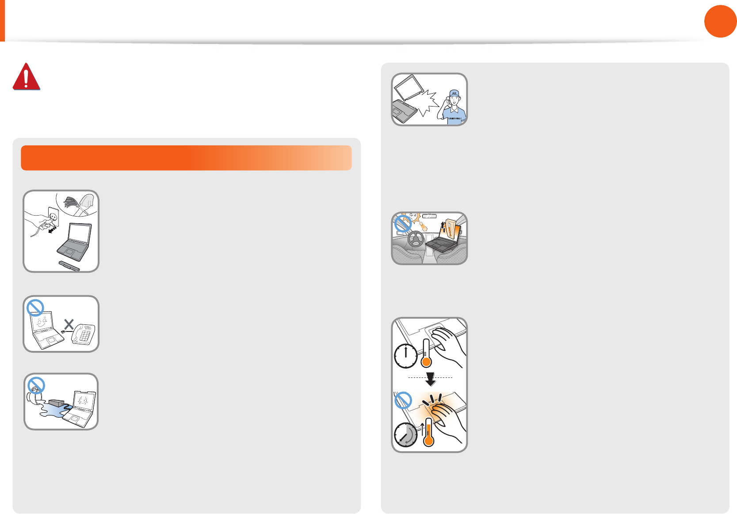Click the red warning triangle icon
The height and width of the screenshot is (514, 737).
(26, 77)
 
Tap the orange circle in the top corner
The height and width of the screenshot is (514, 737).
(720, 21)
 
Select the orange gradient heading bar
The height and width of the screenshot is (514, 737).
(186, 158)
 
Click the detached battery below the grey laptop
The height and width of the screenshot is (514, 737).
(69, 266)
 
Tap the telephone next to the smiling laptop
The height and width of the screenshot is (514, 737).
(83, 334)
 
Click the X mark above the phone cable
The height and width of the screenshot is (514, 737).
(69, 324)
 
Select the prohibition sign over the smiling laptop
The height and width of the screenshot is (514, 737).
(35, 307)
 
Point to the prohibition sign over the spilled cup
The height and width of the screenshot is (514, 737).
(36, 385)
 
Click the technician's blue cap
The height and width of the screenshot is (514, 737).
(454, 93)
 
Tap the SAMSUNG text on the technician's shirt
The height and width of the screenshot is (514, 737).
(454, 118)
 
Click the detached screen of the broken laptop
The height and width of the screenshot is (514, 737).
(409, 88)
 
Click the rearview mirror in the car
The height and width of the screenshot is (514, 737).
(429, 216)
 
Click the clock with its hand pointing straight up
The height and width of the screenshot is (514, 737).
(405, 356)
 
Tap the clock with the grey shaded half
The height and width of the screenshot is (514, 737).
(405, 435)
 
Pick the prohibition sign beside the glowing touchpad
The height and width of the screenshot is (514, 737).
(403, 400)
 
